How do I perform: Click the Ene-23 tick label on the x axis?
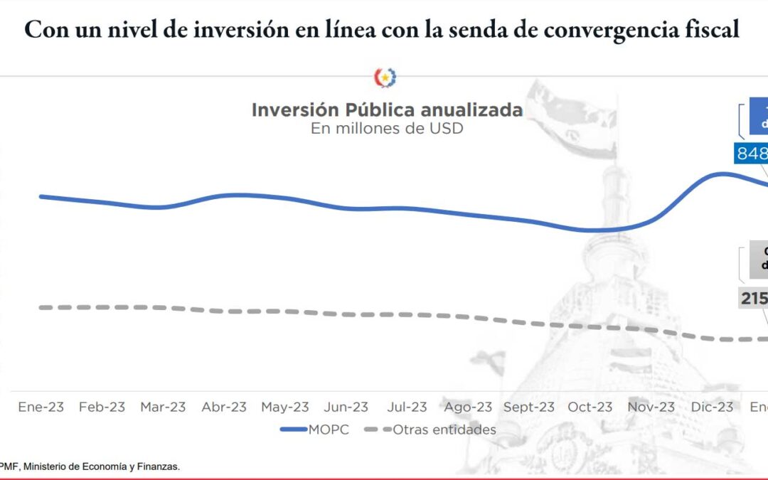41,407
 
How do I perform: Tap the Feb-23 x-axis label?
102,407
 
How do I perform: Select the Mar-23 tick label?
163,407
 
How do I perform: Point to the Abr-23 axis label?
224,407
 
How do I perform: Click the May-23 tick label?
285,407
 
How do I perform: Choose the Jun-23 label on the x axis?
346,407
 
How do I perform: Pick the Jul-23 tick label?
407,407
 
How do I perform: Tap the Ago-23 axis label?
468,407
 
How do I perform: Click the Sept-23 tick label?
529,407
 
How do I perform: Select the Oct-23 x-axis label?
590,407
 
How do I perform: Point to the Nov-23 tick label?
651,407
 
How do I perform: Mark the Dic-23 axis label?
712,407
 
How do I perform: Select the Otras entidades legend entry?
430,430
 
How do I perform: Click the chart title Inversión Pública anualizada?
387,110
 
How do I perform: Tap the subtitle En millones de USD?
387,129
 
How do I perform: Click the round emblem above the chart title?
385,78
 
